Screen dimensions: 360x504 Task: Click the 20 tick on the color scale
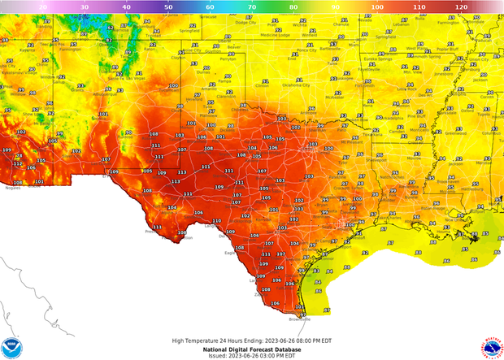coord(42,7)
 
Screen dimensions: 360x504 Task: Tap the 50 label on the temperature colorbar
coord(167,7)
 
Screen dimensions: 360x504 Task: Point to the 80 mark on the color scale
coord(293,7)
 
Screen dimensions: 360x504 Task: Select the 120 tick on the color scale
coord(459,7)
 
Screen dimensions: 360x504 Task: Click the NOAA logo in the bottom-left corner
coord(11,348)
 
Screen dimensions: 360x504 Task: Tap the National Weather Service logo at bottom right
coord(492,348)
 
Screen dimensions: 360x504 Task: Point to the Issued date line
coord(251,356)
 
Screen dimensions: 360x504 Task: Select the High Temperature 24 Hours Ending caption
coord(251,340)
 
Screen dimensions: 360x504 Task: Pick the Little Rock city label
coord(403,100)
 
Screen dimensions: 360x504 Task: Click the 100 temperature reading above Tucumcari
coord(172,86)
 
